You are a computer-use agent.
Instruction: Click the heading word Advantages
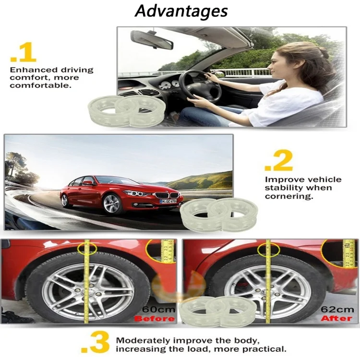click(x=181, y=11)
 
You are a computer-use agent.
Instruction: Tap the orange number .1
click(x=23, y=54)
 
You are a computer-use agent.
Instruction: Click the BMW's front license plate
click(x=168, y=201)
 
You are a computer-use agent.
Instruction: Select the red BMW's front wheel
click(x=111, y=204)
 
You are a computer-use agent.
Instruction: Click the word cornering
click(x=288, y=196)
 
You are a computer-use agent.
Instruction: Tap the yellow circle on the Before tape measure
click(x=87, y=249)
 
